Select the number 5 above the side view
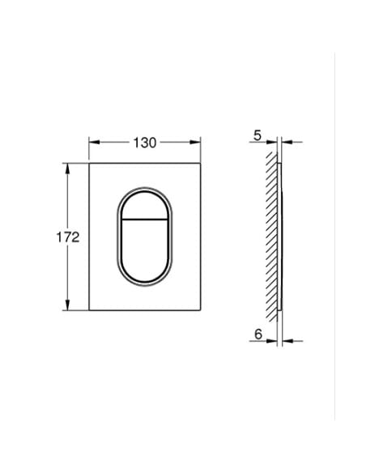pos(256,135)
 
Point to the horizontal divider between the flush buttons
pos(144,219)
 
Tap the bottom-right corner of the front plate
pos(200,313)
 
